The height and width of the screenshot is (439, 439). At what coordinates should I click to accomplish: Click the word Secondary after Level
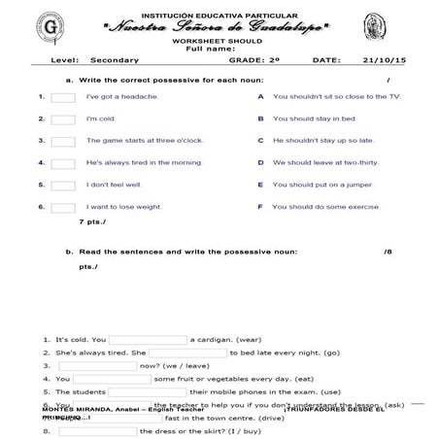108,60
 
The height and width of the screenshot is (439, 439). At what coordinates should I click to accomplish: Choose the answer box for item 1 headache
63,98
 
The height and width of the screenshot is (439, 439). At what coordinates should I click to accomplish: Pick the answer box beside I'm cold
63,119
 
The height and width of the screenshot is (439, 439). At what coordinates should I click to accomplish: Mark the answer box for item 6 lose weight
63,207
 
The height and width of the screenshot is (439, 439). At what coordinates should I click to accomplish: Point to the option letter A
260,97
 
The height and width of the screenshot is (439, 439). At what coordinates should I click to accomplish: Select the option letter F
260,207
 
